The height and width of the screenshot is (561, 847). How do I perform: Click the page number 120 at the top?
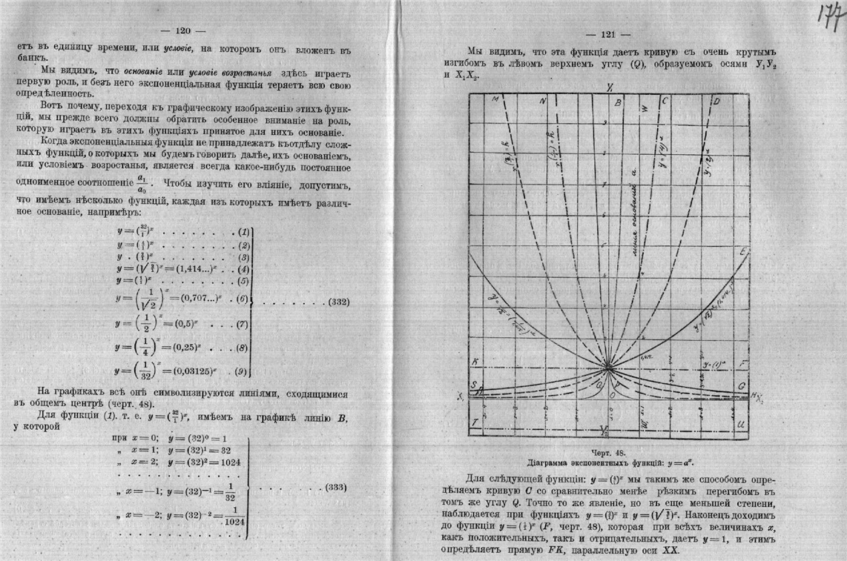coord(182,31)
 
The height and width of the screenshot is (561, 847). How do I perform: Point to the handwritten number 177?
coord(829,15)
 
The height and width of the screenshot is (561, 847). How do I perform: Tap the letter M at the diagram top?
coord(494,99)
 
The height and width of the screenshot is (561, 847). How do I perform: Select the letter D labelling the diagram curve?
coord(716,100)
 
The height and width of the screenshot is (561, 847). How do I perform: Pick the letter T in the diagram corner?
coord(475,422)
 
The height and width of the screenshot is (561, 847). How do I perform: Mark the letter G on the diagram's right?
coord(742,387)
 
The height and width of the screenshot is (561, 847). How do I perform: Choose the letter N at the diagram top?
coord(544,101)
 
